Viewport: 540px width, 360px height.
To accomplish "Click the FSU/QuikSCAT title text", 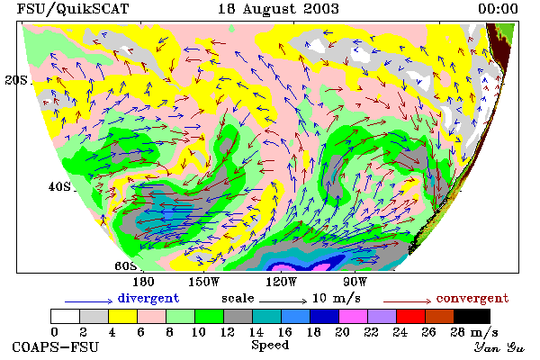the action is (73, 9).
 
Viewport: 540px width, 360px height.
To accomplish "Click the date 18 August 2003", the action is (278, 9).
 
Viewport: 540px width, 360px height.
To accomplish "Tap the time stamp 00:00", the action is (498, 9).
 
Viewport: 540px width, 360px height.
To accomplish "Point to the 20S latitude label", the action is (16, 80).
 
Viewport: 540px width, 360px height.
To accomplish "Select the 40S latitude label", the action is (59, 187).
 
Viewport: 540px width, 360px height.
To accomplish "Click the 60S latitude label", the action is (126, 266).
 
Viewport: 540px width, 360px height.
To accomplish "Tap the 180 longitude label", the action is (143, 282).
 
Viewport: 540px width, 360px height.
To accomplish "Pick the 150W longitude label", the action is (204, 282).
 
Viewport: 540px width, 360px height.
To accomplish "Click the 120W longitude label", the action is (281, 282).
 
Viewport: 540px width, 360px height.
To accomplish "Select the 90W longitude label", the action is (355, 282).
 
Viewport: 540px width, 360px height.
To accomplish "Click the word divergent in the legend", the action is (148, 298).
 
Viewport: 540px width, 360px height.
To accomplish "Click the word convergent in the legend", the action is (472, 298).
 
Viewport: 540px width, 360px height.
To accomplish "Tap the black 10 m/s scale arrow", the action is (283, 301).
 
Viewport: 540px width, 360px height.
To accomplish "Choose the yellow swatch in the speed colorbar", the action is (123, 316).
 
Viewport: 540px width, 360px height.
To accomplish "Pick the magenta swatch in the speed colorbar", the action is (354, 316).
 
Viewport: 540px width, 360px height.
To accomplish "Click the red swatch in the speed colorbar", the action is (411, 316).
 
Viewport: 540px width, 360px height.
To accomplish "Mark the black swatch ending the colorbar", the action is (472, 316).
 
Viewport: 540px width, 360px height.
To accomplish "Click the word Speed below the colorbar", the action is (270, 346).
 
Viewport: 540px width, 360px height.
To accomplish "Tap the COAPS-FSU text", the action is (56, 346).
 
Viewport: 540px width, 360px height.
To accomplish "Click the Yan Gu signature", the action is (499, 347).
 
